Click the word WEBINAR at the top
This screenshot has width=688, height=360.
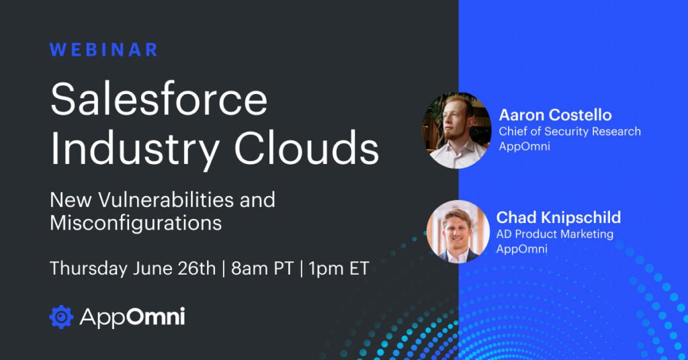point(103,50)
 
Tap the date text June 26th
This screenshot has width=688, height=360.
point(174,268)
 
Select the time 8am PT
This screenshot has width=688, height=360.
point(262,269)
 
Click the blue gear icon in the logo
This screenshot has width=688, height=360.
point(61,316)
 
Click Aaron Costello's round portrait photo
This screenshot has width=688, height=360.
point(457,130)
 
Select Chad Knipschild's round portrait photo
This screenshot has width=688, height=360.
point(458,232)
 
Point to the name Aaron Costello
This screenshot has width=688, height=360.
point(555,115)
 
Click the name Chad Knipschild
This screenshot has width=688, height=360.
point(558,217)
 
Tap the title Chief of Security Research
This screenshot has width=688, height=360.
point(570,131)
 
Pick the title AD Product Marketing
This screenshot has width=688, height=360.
point(554,234)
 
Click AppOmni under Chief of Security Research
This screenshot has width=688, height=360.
point(524,146)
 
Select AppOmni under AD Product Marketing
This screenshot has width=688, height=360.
point(521,249)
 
